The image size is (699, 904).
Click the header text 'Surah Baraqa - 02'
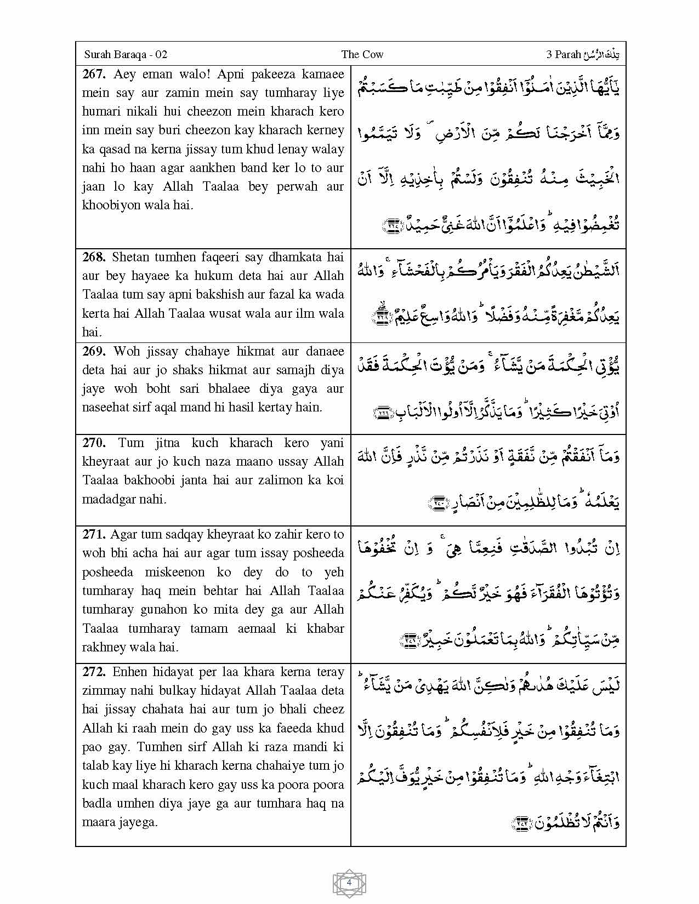tap(126, 54)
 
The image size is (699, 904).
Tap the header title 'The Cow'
tap(362, 54)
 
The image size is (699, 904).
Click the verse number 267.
tap(94, 74)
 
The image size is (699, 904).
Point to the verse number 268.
tap(94, 257)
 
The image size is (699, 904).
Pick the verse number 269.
tap(94, 351)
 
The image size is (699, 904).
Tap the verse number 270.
tap(94, 443)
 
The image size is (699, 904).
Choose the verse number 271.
tap(94, 534)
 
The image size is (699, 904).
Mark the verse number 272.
tap(94, 672)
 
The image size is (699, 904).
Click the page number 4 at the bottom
tap(349, 883)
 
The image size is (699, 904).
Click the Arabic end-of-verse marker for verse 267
tap(393, 224)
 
